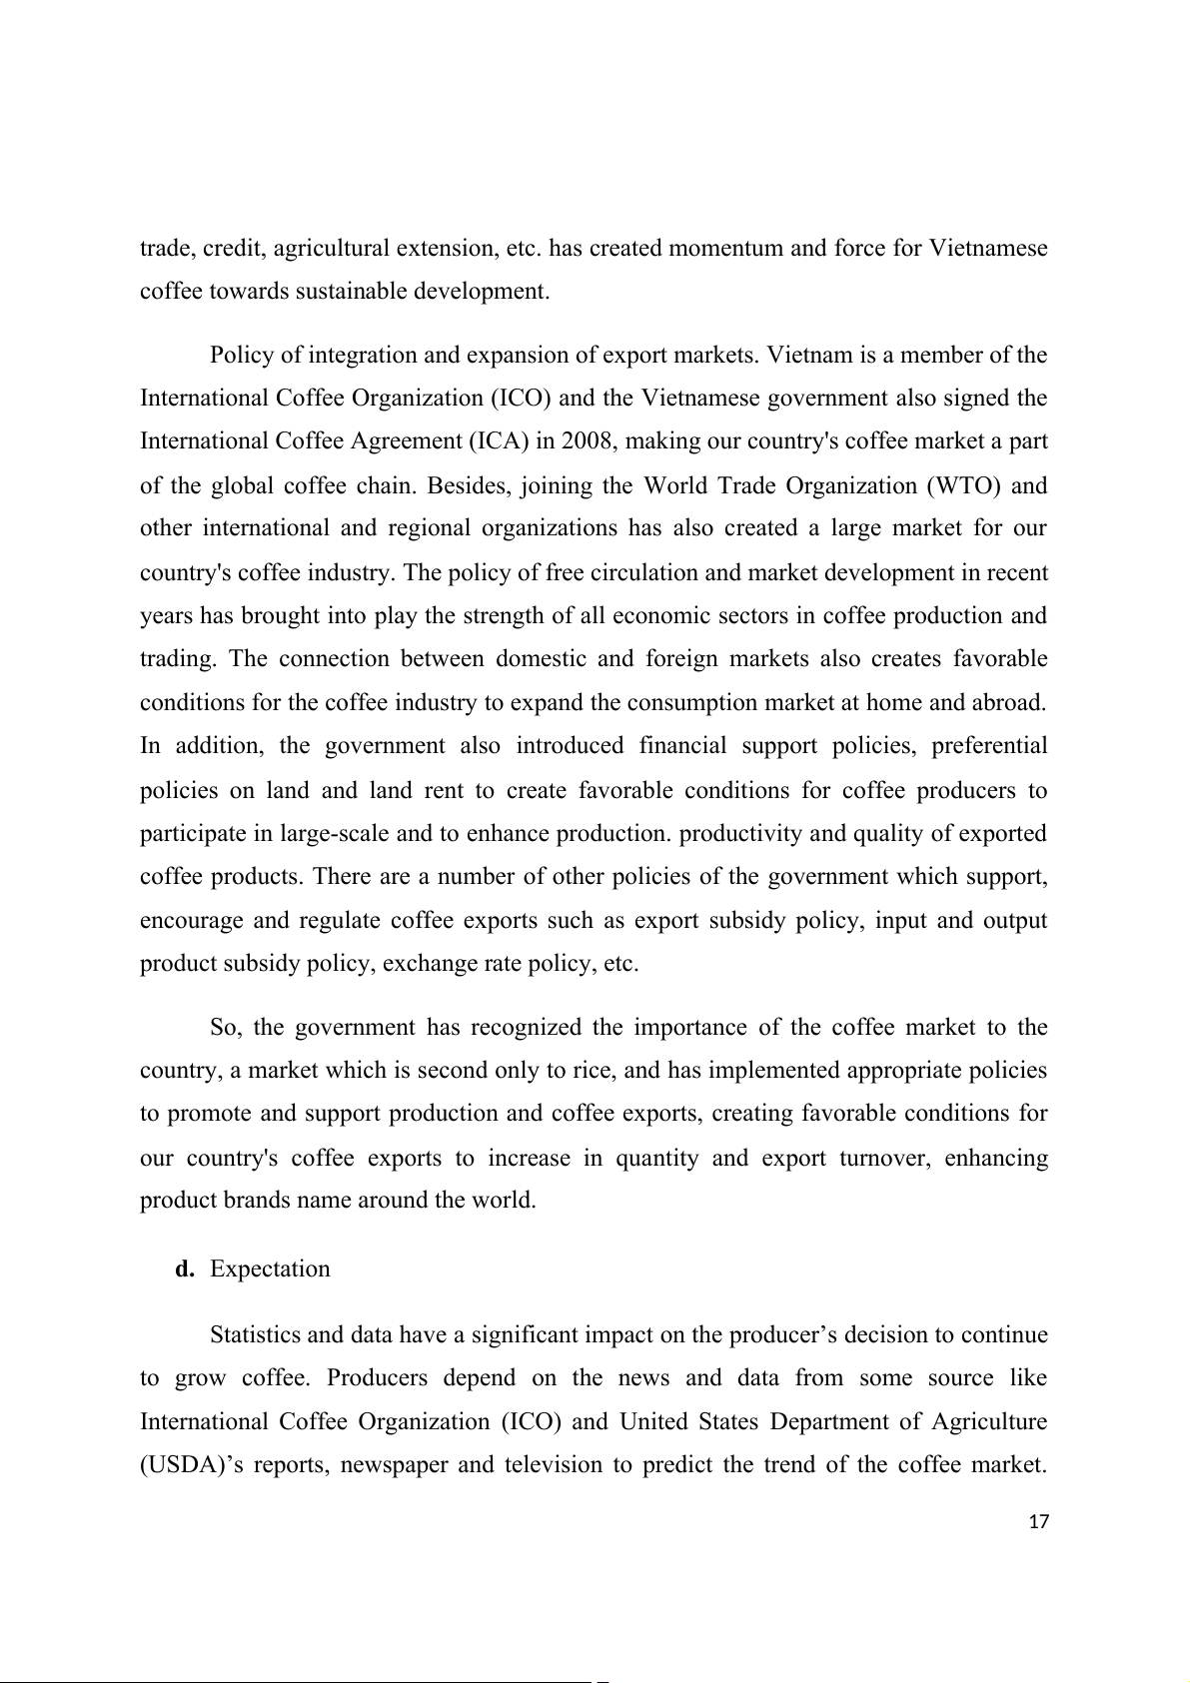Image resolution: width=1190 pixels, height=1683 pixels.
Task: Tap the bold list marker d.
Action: coord(184,1269)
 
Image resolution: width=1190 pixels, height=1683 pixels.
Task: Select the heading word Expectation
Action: coord(270,1269)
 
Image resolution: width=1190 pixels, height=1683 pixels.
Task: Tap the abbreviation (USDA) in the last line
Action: coord(178,1465)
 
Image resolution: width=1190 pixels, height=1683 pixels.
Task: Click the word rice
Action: coord(596,1072)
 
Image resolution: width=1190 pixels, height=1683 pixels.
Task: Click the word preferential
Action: coord(984,746)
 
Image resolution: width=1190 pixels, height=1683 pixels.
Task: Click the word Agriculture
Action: coord(982,1421)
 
